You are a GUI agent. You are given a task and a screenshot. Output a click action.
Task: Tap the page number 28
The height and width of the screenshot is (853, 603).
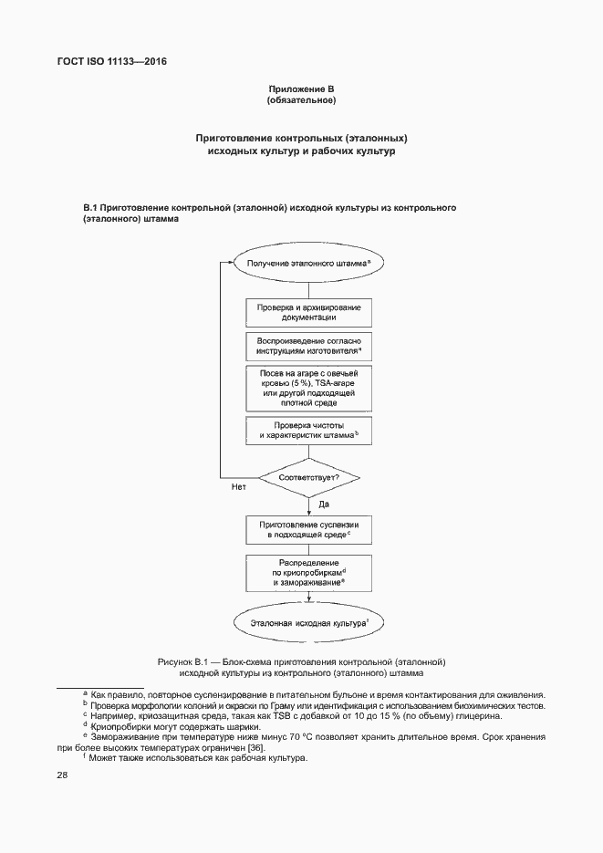tap(63, 775)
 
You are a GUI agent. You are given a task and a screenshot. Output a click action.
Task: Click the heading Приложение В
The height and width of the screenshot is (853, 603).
tap(301, 88)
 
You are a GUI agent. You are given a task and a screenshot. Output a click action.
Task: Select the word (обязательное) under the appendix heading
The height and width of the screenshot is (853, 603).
tap(301, 99)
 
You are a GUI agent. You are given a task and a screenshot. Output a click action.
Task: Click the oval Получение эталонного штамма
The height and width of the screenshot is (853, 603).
tap(308, 262)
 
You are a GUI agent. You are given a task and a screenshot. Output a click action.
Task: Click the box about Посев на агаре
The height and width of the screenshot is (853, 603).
tap(308, 388)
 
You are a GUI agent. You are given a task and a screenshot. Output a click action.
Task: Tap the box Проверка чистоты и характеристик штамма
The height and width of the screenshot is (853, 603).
tap(308, 432)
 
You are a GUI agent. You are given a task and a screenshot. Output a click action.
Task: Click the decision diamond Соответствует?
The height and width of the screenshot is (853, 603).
tap(308, 477)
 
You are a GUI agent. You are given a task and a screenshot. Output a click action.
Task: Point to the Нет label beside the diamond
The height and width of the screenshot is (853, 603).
tap(239, 488)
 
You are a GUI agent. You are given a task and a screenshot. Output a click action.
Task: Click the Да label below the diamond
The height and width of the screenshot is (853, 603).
tap(323, 504)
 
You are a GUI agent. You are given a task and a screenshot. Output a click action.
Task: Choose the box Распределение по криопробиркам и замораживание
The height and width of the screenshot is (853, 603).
tap(308, 572)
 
